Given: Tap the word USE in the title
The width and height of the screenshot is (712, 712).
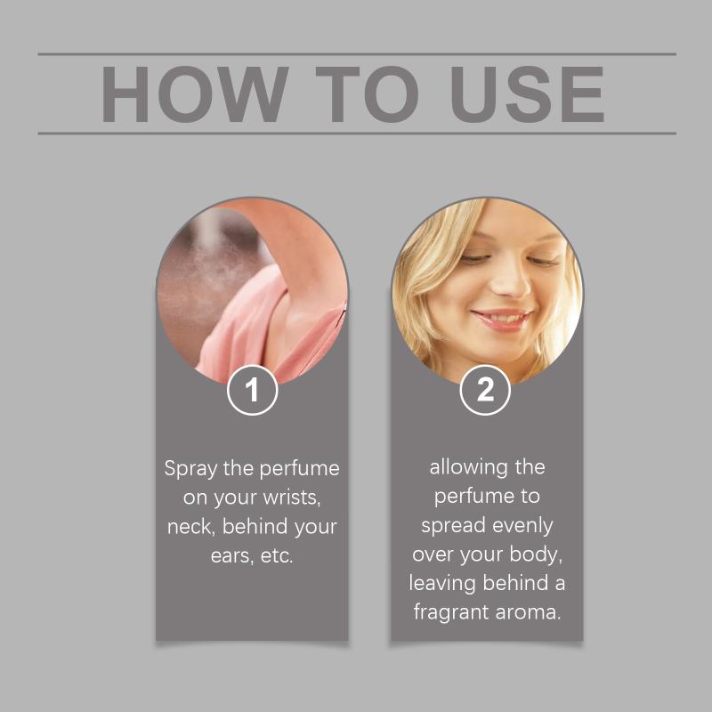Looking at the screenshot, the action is [x=527, y=94].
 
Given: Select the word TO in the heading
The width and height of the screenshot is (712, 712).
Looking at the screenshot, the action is [x=367, y=94].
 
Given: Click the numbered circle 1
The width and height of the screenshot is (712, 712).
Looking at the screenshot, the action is [x=253, y=390].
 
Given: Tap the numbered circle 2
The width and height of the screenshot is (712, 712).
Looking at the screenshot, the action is [x=485, y=390].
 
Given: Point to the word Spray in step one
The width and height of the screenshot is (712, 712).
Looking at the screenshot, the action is [x=190, y=469].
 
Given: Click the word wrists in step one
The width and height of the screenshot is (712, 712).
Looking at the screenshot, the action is [x=292, y=498].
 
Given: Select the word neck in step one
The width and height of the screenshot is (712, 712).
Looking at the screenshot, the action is [x=190, y=527].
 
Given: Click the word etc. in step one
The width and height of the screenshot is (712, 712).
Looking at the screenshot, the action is [x=277, y=555].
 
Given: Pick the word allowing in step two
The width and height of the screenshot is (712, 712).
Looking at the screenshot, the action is [x=468, y=468].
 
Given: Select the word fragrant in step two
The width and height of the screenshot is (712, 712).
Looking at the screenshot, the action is [x=451, y=612].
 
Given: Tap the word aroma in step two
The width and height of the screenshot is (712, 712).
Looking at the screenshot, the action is [x=528, y=613].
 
